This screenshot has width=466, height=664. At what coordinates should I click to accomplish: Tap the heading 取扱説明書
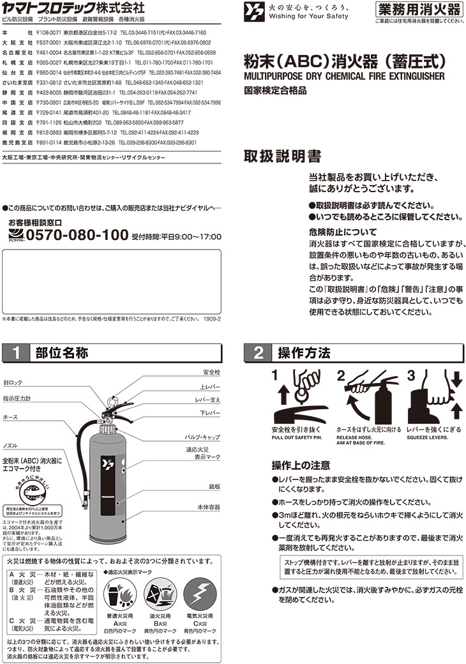point(283,156)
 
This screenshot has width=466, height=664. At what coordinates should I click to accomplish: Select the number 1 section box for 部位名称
point(17,353)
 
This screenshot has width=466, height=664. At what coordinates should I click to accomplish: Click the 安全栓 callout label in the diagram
point(211,372)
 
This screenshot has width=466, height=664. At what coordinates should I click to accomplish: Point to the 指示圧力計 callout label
point(17,398)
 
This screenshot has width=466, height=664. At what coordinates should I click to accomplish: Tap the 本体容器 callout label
point(208,507)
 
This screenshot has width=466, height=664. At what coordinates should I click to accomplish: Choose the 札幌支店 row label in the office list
point(13,63)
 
